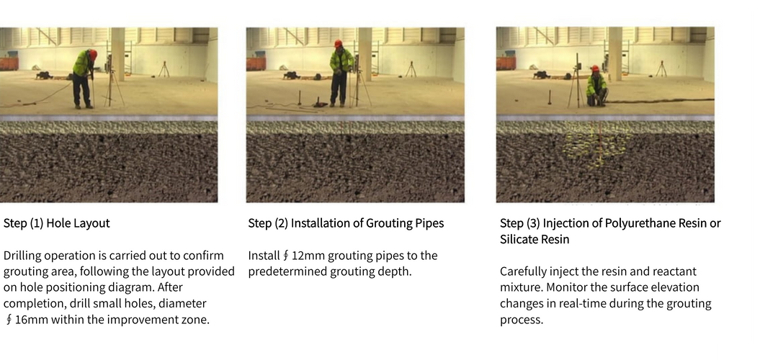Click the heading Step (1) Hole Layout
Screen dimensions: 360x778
57,223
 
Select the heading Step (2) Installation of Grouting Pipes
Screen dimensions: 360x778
346,223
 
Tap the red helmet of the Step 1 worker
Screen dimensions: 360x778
92,53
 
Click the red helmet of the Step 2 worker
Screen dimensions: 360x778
338,44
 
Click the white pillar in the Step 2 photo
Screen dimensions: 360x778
365,53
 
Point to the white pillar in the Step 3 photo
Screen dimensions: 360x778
614,53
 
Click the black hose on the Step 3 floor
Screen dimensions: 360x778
663,100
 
